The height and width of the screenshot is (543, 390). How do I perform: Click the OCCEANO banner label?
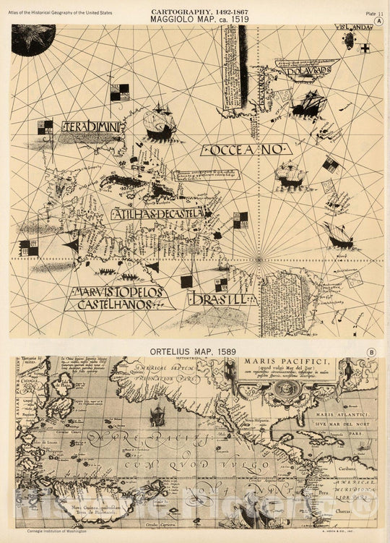pos(245,150)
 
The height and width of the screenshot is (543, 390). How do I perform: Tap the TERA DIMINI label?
pos(93,127)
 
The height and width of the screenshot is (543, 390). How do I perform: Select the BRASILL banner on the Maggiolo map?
pos(220,299)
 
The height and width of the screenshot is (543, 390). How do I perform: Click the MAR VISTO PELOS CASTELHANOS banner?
pos(118,298)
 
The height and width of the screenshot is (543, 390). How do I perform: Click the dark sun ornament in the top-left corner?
pos(32,38)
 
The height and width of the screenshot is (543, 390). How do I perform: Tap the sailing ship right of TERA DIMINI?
pos(160,124)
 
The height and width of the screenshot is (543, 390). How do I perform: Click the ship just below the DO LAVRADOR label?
pos(308,103)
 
